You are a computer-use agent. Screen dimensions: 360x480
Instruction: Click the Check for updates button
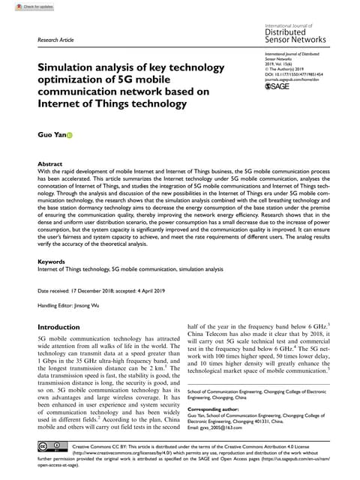[x=22, y=7]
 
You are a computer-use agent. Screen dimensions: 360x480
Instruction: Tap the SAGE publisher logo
[x=277, y=88]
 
